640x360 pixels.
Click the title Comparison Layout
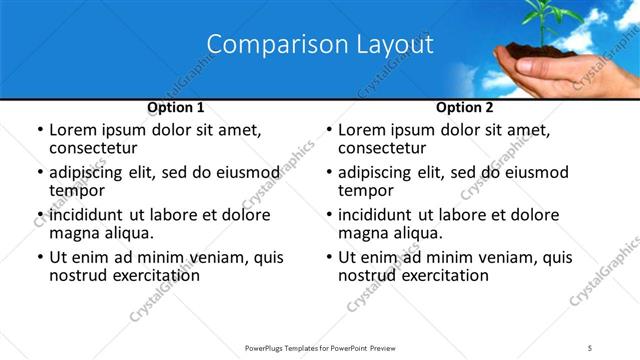coord(320,45)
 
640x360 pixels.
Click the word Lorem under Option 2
coord(362,130)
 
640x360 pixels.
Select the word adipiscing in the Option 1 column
coord(90,173)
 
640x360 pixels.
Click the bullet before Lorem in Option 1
coord(39,131)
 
